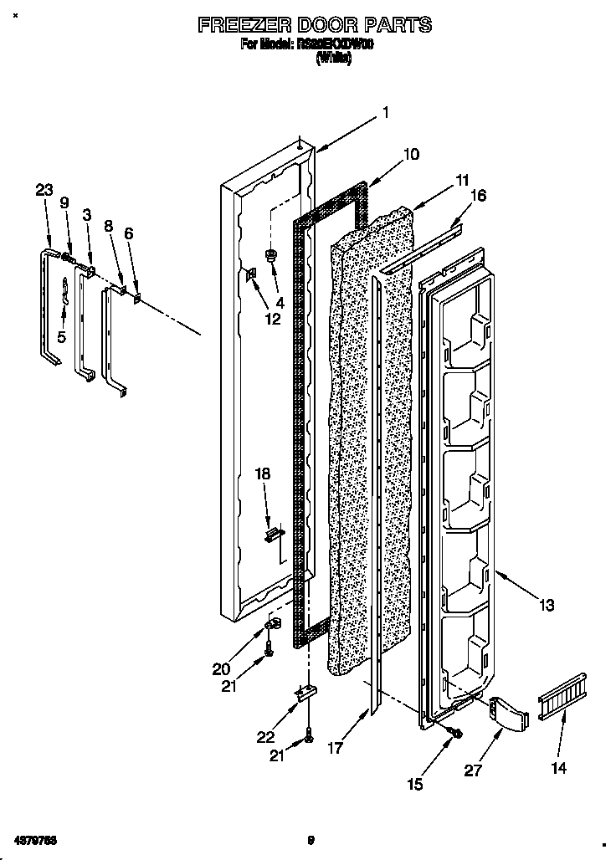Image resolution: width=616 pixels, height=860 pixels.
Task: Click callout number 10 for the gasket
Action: pos(411,154)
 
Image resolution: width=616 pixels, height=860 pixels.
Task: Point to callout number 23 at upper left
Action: pos(44,190)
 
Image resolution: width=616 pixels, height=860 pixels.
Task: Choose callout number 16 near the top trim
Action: pos(478,196)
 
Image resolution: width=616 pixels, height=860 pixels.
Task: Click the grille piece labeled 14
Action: pos(563,694)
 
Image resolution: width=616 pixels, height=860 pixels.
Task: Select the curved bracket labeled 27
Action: pos(509,712)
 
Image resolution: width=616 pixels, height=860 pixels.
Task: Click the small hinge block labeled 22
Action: pos(307,693)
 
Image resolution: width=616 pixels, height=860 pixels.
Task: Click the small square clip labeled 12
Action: pos(250,275)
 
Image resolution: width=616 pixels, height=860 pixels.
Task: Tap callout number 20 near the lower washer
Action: pos(221,668)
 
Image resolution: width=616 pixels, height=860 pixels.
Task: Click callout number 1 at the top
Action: pos(386,112)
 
